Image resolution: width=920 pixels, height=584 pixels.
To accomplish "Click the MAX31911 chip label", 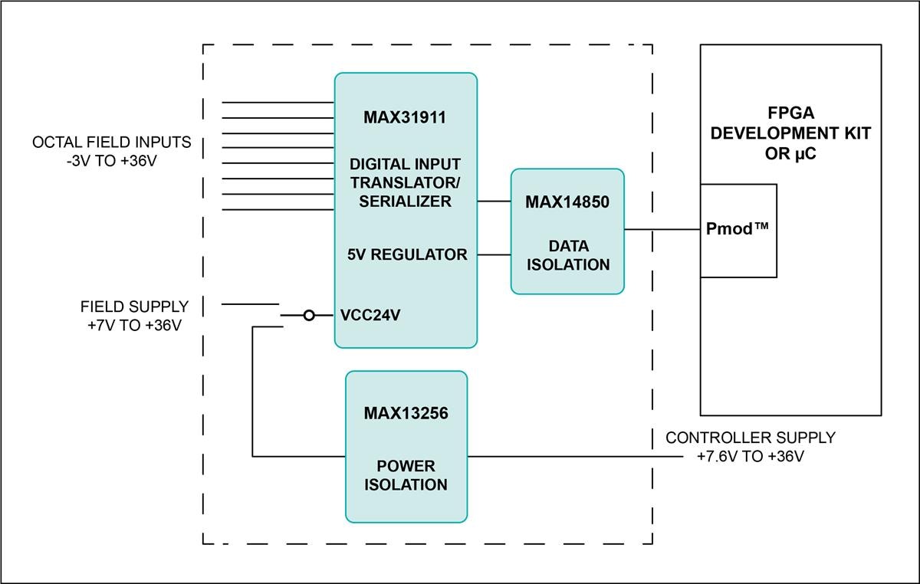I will point(406,119).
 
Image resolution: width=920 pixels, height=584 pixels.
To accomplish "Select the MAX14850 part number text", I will point(567,202).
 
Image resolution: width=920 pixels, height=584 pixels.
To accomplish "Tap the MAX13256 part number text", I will point(406,414).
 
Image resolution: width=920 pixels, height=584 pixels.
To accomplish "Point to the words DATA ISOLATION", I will point(567,256).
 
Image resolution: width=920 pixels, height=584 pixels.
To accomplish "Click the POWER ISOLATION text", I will point(406,475).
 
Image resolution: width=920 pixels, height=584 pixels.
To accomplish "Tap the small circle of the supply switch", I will point(309,315).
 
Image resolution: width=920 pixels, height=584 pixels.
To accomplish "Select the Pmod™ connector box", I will point(738,230).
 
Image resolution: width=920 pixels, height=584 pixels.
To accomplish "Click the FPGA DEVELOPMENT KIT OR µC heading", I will point(790,133).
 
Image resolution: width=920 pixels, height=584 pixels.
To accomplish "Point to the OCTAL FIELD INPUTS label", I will point(111,143).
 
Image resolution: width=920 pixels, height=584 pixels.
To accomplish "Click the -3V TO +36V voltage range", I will point(111,162).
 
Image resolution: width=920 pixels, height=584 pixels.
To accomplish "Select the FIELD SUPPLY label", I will point(134,307).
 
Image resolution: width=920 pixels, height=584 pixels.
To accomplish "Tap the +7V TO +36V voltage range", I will point(134,326).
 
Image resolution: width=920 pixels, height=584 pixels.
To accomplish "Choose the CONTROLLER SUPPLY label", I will point(750,438).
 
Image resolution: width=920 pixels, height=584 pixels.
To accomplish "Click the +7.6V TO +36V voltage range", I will point(750,457).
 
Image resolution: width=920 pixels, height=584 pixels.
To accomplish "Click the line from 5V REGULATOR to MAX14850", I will point(494,255).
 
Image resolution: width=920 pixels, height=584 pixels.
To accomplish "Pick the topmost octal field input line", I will point(278,102).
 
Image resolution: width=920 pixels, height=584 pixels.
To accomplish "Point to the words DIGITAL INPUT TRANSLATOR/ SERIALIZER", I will point(406,183).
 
